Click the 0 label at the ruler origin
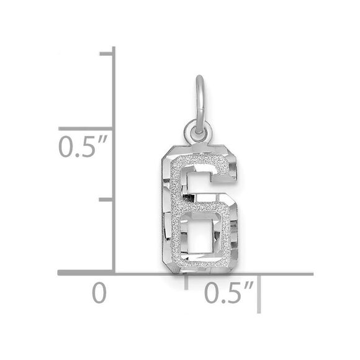tap(99, 292)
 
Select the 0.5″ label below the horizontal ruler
tap(230, 292)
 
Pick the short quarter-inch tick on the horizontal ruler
tap(187, 281)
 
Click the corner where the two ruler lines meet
tap(113, 272)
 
